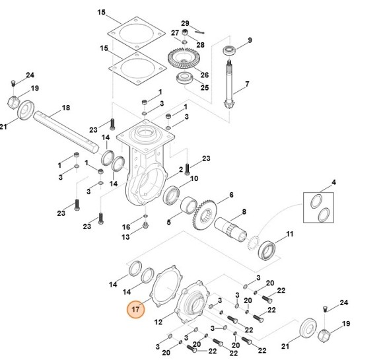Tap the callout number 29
(185, 23)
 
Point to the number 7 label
(247, 84)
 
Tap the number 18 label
(65, 108)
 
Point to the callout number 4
(333, 182)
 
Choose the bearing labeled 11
(269, 250)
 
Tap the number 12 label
(158, 322)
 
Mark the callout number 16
(126, 227)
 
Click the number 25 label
(204, 87)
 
